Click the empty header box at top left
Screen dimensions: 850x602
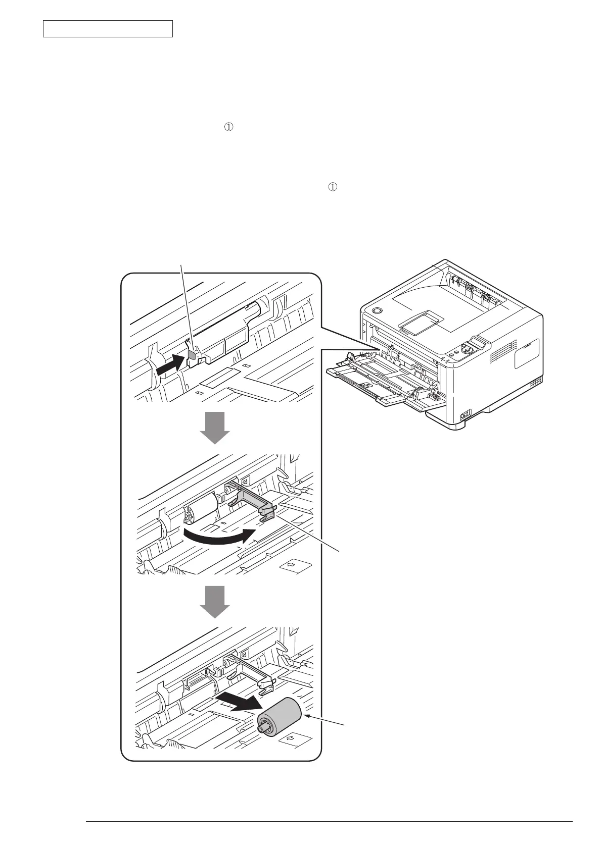click(x=108, y=29)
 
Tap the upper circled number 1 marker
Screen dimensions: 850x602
click(x=228, y=128)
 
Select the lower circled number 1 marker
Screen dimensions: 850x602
click(x=332, y=187)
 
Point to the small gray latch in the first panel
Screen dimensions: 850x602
click(x=193, y=354)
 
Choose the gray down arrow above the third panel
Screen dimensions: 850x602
click(x=215, y=602)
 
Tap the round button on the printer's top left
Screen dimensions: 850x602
click(x=376, y=310)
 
